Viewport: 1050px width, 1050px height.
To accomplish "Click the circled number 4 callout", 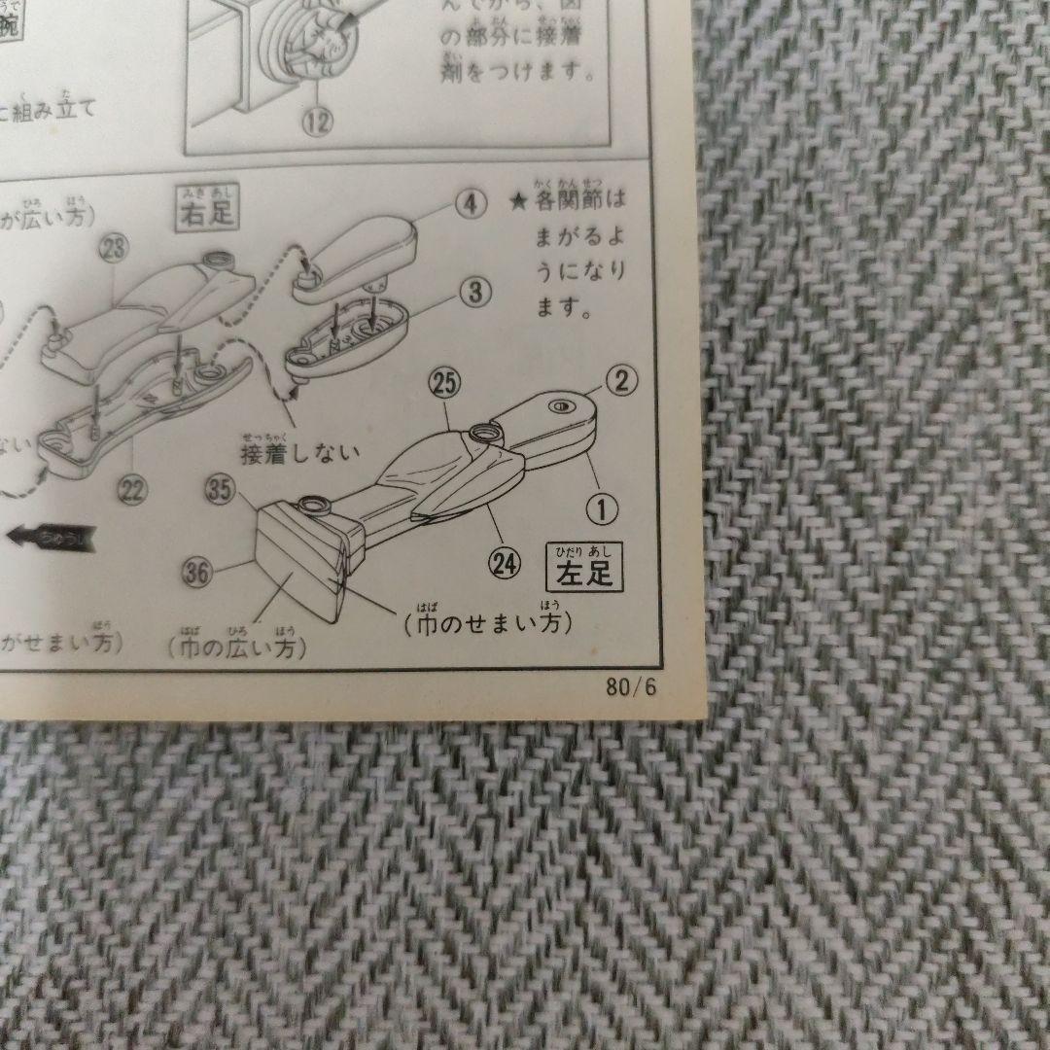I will point(470,204).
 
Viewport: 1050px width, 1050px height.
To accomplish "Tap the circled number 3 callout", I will point(475,291).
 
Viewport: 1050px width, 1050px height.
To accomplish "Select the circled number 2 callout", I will point(621,380).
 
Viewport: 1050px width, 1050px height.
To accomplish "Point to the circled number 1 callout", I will point(603,506).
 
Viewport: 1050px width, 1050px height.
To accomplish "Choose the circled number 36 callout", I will point(196,574).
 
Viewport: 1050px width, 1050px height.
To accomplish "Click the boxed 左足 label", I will point(584,568).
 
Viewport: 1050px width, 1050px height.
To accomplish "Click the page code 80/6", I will point(632,687).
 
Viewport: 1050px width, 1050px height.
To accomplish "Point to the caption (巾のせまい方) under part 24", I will point(486,623).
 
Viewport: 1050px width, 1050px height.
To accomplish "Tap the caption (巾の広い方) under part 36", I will point(236,647).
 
